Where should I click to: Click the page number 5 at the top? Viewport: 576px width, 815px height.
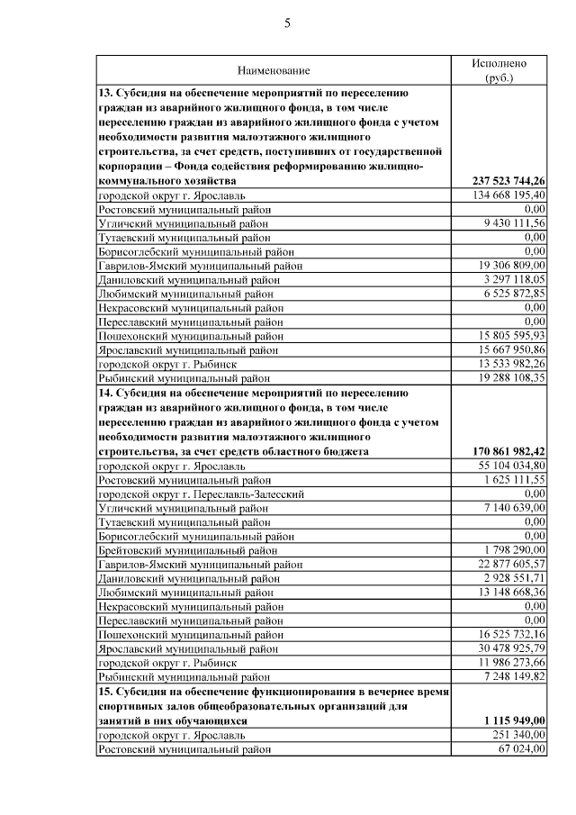pyautogui.click(x=288, y=24)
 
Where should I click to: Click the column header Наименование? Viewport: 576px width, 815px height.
pyautogui.click(x=274, y=70)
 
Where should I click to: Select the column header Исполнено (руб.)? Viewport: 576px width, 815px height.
pyautogui.click(x=499, y=70)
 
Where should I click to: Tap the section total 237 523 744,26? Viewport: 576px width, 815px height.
pyautogui.click(x=508, y=181)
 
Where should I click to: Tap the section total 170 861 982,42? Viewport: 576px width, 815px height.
pyautogui.click(x=508, y=451)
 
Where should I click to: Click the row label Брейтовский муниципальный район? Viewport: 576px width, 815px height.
pyautogui.click(x=187, y=549)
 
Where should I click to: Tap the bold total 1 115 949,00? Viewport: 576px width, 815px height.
pyautogui.click(x=514, y=720)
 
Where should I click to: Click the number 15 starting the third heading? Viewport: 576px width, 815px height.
pyautogui.click(x=105, y=691)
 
